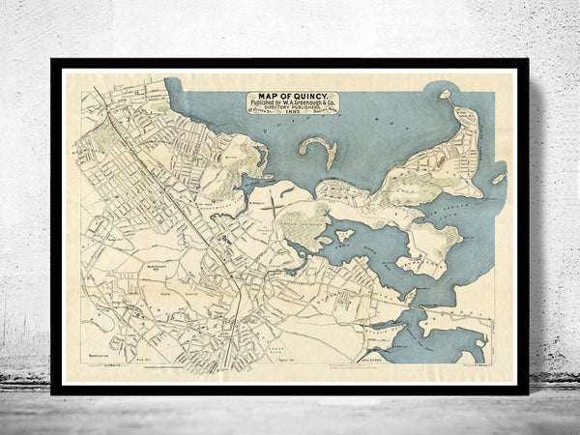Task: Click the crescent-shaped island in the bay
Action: coord(318,152)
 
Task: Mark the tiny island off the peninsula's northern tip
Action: coord(446,96)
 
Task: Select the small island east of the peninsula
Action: coord(498,179)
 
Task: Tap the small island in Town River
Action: coord(343,235)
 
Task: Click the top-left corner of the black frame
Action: coord(52,60)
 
